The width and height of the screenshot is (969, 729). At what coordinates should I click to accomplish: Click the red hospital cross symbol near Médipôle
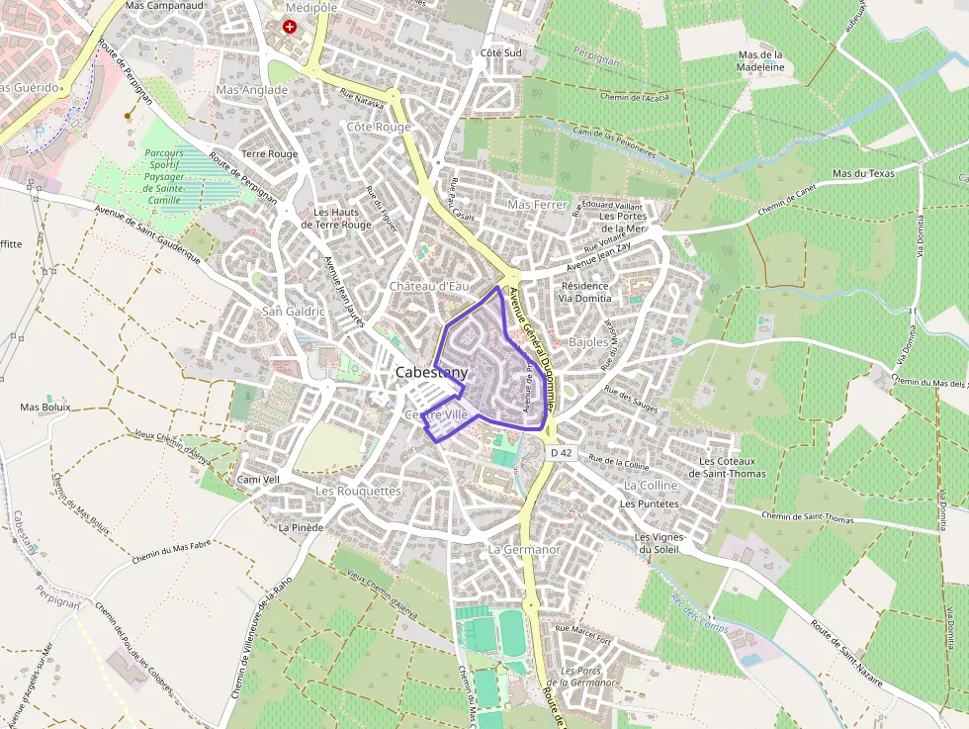[x=290, y=27]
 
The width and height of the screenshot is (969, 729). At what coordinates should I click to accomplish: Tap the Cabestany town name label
[x=432, y=373]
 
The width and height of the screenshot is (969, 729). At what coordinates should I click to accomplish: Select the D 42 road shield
[x=561, y=452]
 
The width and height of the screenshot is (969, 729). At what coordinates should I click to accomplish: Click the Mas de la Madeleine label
[x=760, y=60]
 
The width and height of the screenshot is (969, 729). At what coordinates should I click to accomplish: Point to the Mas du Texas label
[x=863, y=173]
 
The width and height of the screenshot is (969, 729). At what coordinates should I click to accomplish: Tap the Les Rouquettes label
[x=358, y=491]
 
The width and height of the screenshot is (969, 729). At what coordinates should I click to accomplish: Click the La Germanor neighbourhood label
[x=524, y=548]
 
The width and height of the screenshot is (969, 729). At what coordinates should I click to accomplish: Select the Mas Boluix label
[x=44, y=407]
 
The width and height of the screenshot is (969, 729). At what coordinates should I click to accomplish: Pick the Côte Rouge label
[x=379, y=128]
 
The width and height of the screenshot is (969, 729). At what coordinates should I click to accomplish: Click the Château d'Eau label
[x=428, y=286]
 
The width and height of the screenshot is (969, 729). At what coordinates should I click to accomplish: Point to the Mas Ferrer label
[x=538, y=205]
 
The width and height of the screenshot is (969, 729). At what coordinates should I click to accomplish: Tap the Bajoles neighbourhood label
[x=589, y=342]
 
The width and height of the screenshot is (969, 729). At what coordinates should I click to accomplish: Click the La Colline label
[x=651, y=486]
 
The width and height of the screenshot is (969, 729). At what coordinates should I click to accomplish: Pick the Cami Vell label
[x=259, y=479]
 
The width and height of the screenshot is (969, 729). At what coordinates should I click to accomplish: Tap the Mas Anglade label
[x=251, y=90]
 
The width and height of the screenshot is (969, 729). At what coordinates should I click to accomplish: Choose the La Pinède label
[x=301, y=528]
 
